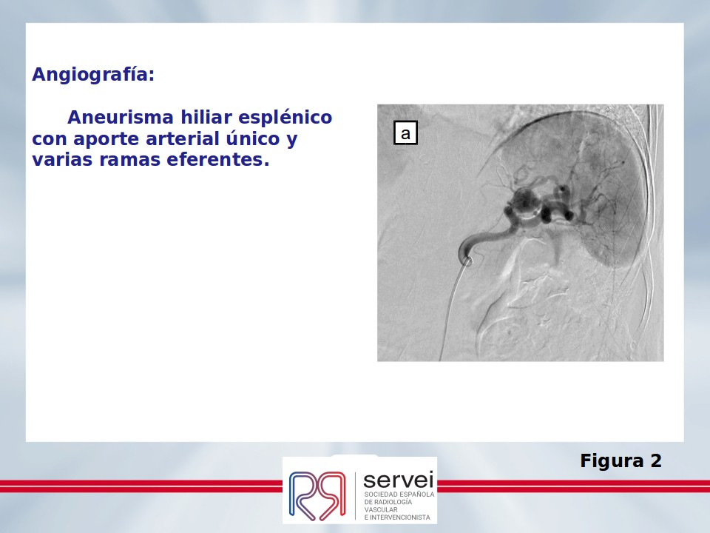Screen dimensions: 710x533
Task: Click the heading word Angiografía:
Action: point(93,74)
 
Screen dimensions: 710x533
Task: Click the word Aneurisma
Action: point(121,118)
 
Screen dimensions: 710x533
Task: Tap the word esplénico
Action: point(285,118)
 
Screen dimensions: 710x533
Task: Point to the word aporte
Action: point(106,139)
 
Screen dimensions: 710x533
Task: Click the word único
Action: point(253,138)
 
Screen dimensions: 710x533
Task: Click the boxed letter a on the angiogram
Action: point(406,133)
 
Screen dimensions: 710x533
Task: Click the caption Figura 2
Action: point(621,461)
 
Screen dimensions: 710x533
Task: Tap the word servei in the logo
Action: point(399,480)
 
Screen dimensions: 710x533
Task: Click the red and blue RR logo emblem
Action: point(317,495)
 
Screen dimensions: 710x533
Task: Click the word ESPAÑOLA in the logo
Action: point(416,494)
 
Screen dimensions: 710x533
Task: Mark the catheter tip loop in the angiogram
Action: point(468,261)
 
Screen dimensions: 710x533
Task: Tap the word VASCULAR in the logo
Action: point(381,509)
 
